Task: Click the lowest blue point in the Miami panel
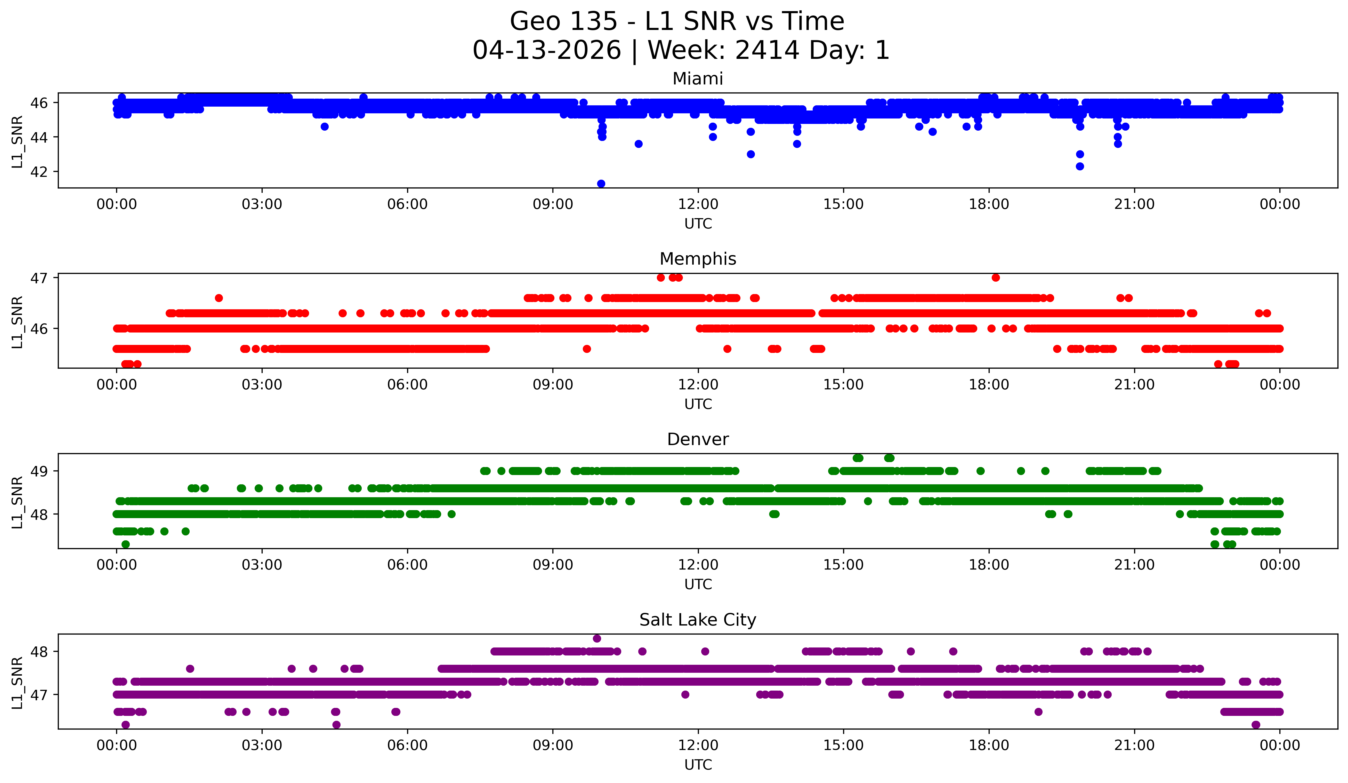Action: (601, 184)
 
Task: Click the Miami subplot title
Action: (698, 79)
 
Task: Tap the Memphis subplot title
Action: (698, 259)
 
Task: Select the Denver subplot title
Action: (698, 439)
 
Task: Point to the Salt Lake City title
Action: (698, 620)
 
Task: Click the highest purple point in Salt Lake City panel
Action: (597, 638)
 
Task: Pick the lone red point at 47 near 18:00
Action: (996, 277)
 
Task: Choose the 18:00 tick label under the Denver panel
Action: (989, 565)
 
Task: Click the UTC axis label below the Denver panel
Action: (698, 584)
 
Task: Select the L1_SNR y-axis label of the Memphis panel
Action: (17, 322)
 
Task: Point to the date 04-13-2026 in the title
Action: (547, 50)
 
